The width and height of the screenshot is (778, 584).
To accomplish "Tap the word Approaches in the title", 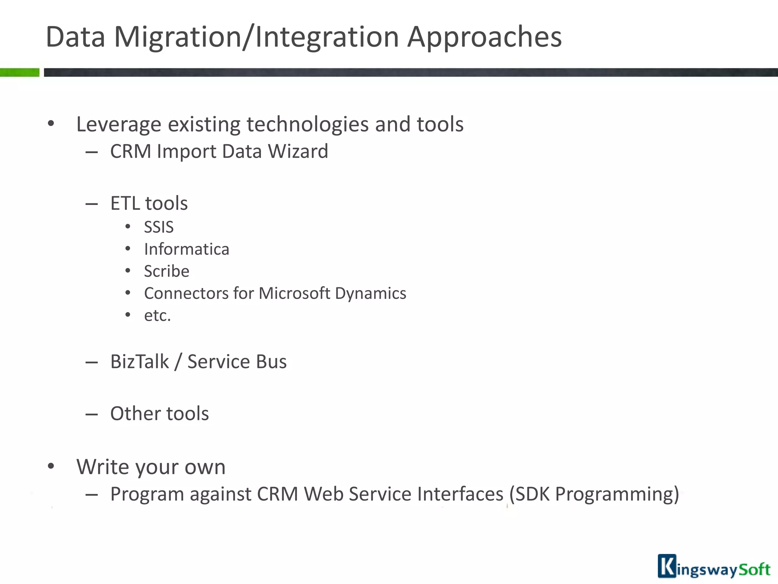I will click(x=484, y=37).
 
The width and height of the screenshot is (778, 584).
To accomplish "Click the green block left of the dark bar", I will click(x=19, y=72).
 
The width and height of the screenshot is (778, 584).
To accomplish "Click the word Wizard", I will click(x=298, y=151).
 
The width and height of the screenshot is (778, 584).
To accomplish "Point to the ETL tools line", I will click(x=149, y=203).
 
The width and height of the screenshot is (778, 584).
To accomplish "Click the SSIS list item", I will click(x=159, y=227).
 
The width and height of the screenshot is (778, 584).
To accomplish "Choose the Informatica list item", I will click(x=187, y=249).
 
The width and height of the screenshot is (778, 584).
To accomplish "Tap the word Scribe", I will click(x=166, y=271).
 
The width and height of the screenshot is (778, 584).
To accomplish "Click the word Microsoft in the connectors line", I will click(x=294, y=294).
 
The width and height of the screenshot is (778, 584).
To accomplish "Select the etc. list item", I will click(x=157, y=316).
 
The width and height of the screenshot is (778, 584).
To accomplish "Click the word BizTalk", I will click(x=139, y=362).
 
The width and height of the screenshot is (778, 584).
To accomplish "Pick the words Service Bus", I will click(x=237, y=362).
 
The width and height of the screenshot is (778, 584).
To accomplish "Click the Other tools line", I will click(x=160, y=414).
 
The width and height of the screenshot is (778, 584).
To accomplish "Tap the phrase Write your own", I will click(x=151, y=467).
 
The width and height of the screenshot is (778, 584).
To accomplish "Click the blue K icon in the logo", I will click(x=667, y=566).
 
